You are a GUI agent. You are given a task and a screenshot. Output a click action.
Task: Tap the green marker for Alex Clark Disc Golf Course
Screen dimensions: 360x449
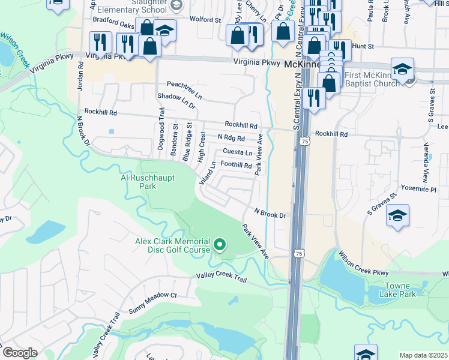[x=220, y=244]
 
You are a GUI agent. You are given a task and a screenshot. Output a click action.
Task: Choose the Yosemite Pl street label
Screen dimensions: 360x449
[x=424, y=188]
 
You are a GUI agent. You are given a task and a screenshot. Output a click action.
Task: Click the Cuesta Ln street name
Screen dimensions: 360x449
[x=238, y=152]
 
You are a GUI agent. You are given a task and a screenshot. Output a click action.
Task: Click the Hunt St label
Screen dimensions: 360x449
[x=363, y=46]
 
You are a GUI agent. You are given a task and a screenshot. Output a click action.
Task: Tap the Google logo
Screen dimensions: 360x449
[x=20, y=353]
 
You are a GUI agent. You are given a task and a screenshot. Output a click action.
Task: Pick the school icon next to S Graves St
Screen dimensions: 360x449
[x=397, y=216]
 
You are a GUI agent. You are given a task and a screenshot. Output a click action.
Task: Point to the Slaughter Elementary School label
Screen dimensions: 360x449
[x=148, y=7]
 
